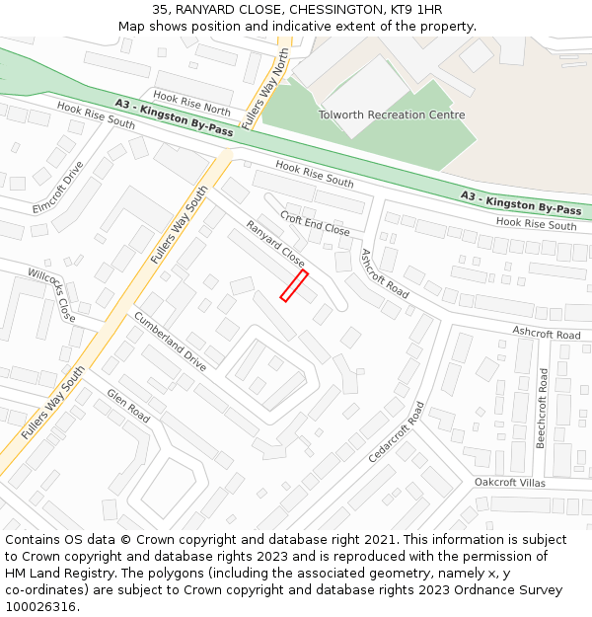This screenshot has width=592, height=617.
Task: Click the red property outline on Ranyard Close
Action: point(294,285)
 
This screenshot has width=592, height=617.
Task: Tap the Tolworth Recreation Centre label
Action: point(391,115)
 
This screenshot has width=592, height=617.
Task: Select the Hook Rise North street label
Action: point(191,105)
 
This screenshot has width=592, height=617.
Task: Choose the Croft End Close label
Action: point(315,223)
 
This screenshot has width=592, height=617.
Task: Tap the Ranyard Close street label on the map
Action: point(275,243)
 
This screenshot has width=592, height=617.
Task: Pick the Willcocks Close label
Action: point(51,295)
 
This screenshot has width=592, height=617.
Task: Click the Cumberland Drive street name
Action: point(170,341)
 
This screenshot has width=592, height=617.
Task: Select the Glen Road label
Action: point(128,406)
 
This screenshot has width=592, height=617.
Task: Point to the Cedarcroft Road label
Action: point(396,432)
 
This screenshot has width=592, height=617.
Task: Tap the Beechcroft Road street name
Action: point(542,408)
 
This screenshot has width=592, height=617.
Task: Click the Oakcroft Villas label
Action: point(509,482)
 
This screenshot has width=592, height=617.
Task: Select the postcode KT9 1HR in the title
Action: point(416,10)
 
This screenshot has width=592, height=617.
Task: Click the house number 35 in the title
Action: point(160,10)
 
